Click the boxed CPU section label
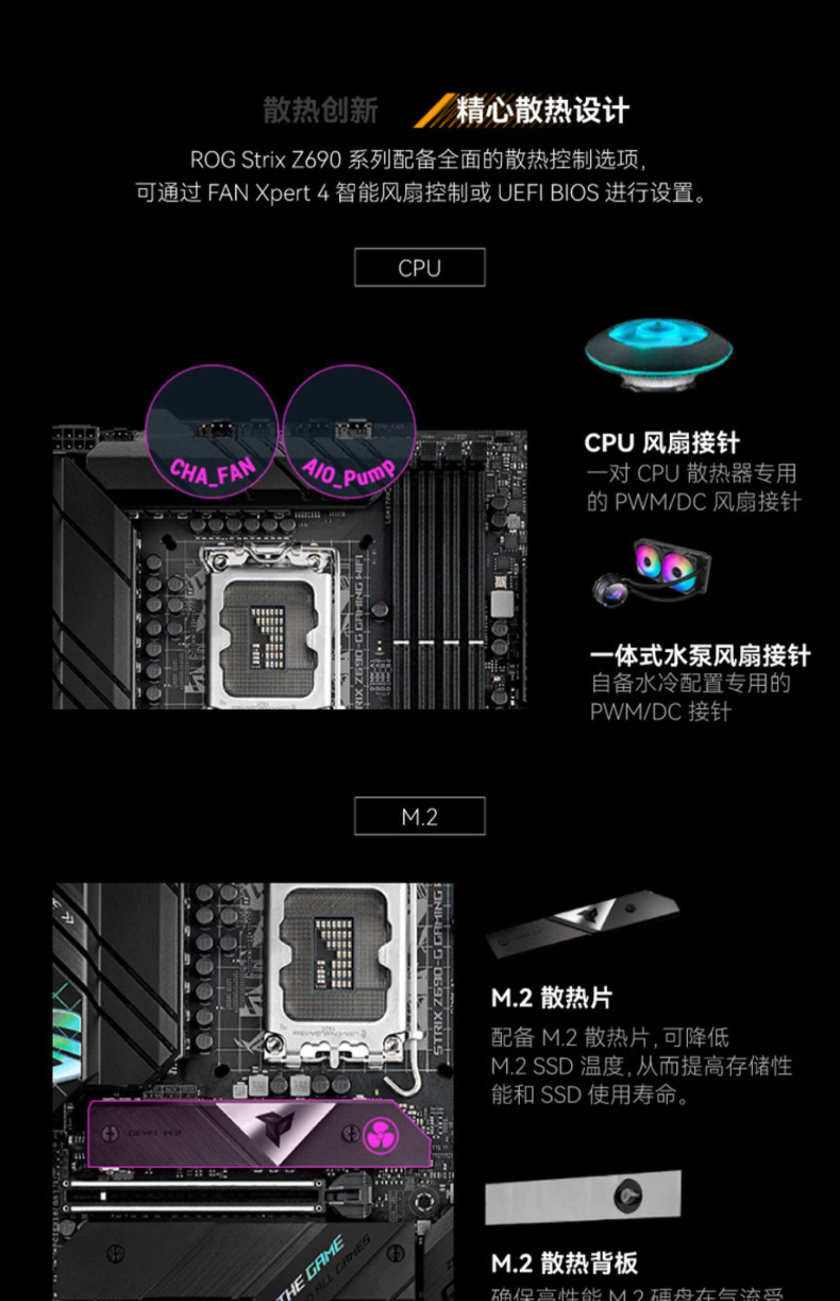419,268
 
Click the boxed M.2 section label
419,816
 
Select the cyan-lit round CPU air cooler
659,352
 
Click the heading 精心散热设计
542,110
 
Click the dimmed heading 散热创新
320,110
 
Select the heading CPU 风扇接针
662,443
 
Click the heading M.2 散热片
552,998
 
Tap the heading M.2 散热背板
564,1263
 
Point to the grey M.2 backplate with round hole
583,1196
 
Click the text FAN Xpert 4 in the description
268,193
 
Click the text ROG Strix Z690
265,160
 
